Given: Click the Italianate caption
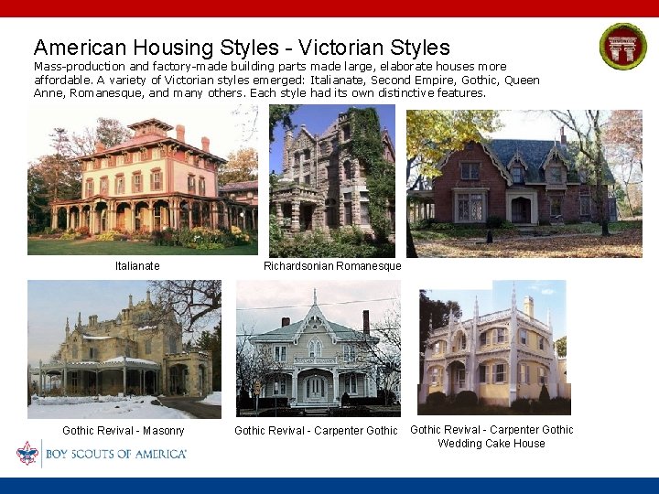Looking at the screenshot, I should [137, 266].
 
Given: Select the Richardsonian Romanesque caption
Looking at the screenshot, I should [332, 266].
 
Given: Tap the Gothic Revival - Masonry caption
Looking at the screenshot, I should [124, 431].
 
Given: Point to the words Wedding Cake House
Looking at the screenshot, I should [491, 444].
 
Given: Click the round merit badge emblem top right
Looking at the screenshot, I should [622, 46].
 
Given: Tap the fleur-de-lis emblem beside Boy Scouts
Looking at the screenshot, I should [27, 453].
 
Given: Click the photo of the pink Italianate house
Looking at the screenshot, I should [143, 179].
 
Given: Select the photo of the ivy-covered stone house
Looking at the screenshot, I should [332, 180].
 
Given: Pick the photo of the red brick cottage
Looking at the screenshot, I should [524, 183].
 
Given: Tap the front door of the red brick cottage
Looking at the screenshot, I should [521, 210].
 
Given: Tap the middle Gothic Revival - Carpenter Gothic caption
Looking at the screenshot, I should [316, 431].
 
